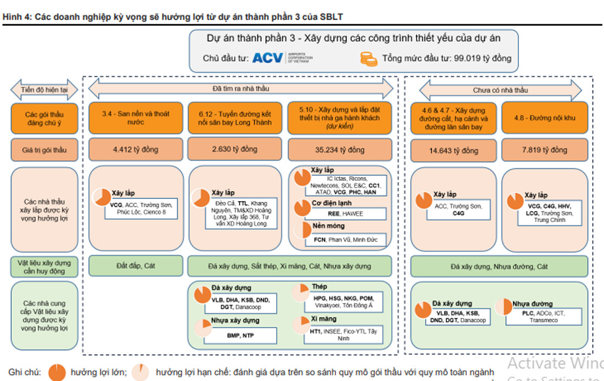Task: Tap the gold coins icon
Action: pos(368,58)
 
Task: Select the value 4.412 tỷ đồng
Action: pos(135,150)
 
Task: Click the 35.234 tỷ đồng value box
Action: pos(340,150)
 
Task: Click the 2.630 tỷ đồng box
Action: pos(235,150)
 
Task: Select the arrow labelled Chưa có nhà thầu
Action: pos(500,90)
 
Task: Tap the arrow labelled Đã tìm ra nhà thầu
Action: pos(241,88)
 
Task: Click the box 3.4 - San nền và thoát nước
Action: pos(135,118)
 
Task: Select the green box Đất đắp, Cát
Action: pos(135,266)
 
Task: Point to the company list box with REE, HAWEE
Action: pos(345,214)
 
